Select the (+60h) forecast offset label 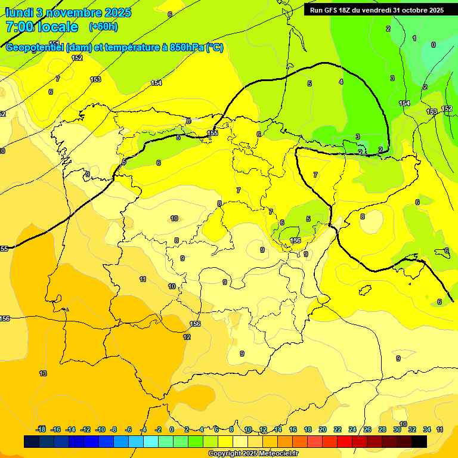pyautogui.click(x=103, y=27)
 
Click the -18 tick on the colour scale pyautogui.click(x=41, y=429)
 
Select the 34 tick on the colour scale pyautogui.click(x=427, y=429)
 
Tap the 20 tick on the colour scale pyautogui.click(x=323, y=429)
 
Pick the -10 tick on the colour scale pyautogui.click(x=100, y=429)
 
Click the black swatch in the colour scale pyautogui.click(x=419, y=441)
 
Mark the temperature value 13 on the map pyautogui.click(x=43, y=373)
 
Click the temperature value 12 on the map pyautogui.click(x=187, y=337)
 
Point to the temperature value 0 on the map pyautogui.click(x=433, y=45)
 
